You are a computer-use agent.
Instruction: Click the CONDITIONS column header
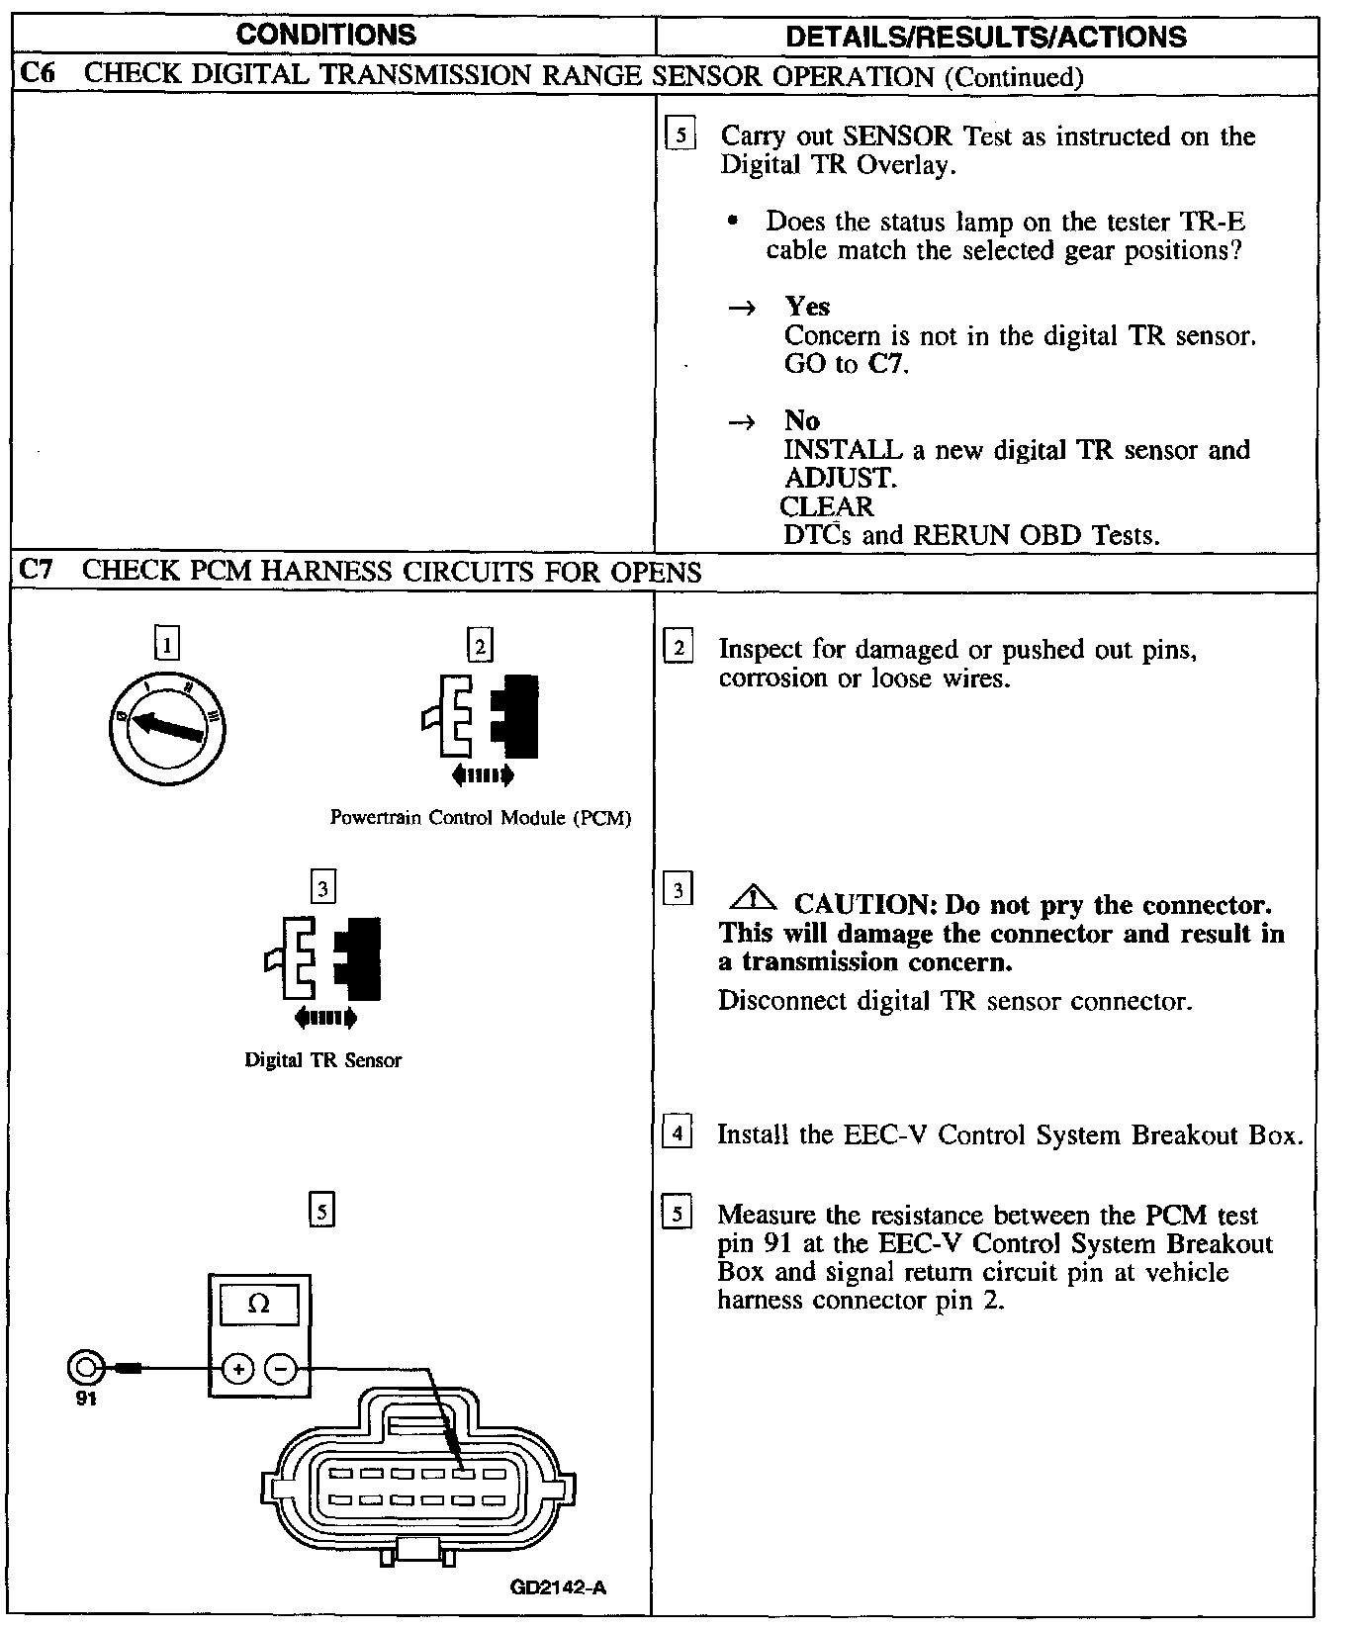[x=327, y=35]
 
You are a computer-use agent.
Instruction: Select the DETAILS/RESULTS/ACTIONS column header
[x=985, y=37]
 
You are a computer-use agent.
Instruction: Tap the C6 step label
[x=37, y=75]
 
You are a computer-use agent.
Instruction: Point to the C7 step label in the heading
[x=37, y=570]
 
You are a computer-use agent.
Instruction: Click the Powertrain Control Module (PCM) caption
[x=481, y=818]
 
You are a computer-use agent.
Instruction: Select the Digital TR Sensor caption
[x=323, y=1060]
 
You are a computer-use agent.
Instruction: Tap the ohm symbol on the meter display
[x=258, y=1304]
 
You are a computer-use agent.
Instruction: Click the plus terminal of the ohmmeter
[x=237, y=1369]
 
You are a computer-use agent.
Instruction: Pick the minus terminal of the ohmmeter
[x=281, y=1369]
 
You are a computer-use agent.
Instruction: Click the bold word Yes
[x=807, y=307]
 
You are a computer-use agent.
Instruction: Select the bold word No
[x=802, y=420]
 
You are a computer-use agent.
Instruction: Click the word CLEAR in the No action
[x=827, y=506]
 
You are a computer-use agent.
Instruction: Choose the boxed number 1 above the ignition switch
[x=167, y=646]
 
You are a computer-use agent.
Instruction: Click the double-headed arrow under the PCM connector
[x=483, y=776]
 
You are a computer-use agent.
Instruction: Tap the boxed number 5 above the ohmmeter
[x=322, y=1211]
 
